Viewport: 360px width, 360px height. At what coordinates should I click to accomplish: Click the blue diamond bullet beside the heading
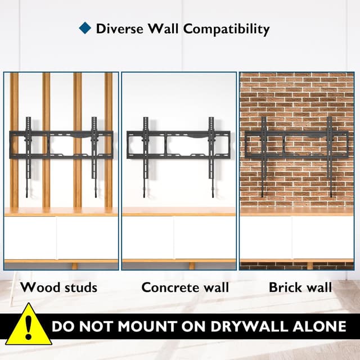coord(85,28)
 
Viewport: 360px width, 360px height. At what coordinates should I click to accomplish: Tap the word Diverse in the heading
coord(120,29)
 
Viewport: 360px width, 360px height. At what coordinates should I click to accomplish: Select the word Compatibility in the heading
coord(226,30)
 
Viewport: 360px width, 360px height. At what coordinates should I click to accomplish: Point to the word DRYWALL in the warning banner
coord(249,326)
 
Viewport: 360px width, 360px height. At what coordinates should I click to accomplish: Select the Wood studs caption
coord(58,287)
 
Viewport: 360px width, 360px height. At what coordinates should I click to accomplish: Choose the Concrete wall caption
coord(185,287)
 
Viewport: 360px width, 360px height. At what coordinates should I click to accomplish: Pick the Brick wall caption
coord(300,287)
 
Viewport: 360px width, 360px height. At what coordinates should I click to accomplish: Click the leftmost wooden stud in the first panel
coord(14,140)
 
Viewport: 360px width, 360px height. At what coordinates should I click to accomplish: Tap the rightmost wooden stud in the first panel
coord(109,140)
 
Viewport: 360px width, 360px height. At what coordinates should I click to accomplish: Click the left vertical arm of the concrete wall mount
coord(146,157)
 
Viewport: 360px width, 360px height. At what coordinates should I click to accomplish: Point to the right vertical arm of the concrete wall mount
coord(211,157)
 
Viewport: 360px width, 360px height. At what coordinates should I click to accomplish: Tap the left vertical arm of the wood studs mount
coord(28,157)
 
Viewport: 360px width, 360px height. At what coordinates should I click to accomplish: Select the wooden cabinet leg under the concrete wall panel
coord(192,266)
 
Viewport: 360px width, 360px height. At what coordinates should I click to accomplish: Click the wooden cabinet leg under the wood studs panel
coord(75,266)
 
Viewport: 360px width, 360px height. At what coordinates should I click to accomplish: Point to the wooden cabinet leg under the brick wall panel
coord(310,266)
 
